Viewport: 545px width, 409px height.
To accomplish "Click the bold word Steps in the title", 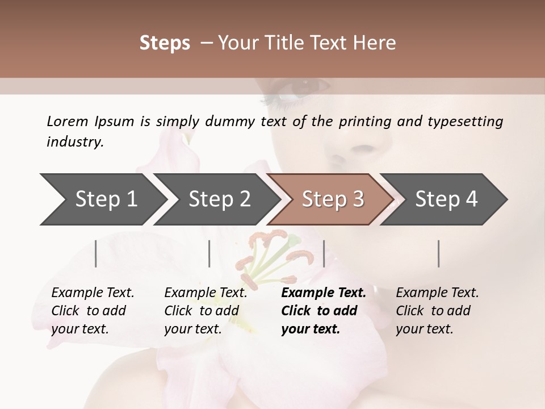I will pos(165,43).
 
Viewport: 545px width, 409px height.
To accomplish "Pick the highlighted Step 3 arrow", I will pos(333,199).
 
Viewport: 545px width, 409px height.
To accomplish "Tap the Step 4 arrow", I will pos(446,199).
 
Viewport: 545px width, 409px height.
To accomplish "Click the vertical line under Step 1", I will pos(96,253).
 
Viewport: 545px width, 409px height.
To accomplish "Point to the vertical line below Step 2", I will pos(209,253).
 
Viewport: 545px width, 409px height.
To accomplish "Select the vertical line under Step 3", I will pos(324,253).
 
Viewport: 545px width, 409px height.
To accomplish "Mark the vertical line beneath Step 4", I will pos(438,253).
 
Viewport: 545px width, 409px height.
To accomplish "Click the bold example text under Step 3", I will pos(322,310).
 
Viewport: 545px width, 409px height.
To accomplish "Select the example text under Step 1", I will pos(92,310).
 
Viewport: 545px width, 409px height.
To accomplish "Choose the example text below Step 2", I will pos(205,310).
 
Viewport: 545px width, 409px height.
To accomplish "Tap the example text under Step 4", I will pos(437,310).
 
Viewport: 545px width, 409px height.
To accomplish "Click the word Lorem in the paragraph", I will pos(68,121).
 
